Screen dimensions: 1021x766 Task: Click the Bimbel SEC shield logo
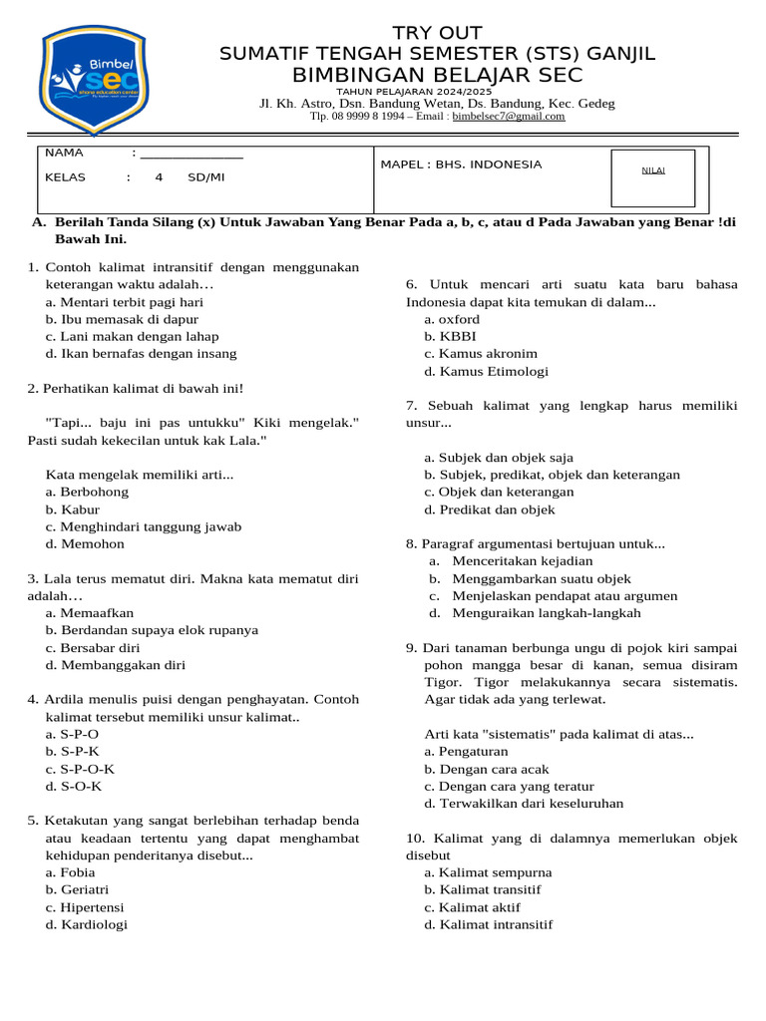tap(93, 80)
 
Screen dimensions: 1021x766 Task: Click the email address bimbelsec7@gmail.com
tap(509, 117)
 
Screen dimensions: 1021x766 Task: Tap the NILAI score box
tap(653, 170)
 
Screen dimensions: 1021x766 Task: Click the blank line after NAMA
tap(191, 155)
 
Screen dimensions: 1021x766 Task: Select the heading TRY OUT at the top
tap(437, 33)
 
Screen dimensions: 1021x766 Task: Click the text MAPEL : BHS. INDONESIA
tap(462, 165)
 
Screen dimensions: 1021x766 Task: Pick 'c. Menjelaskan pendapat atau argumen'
tap(553, 596)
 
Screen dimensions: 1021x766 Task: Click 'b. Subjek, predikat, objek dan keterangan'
tap(552, 476)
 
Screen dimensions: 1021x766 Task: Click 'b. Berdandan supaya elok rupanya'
tap(151, 630)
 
